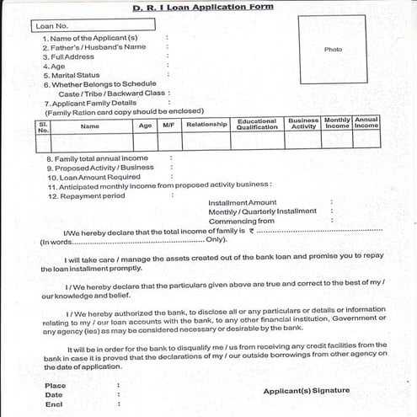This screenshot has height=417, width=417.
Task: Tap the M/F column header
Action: pyautogui.click(x=168, y=126)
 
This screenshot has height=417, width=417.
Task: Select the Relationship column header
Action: pyautogui.click(x=206, y=125)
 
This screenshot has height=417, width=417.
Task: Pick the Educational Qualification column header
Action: pyautogui.click(x=257, y=125)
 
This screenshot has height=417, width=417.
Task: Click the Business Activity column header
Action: pyautogui.click(x=303, y=125)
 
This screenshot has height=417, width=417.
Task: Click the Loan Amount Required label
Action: pyautogui.click(x=94, y=177)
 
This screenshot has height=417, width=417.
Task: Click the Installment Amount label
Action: pyautogui.click(x=242, y=202)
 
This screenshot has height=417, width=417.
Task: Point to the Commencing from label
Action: pyautogui.click(x=242, y=221)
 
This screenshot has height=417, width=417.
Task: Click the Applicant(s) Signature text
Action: pyautogui.click(x=306, y=391)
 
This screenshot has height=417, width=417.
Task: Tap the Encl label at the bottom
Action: pyautogui.click(x=55, y=404)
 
